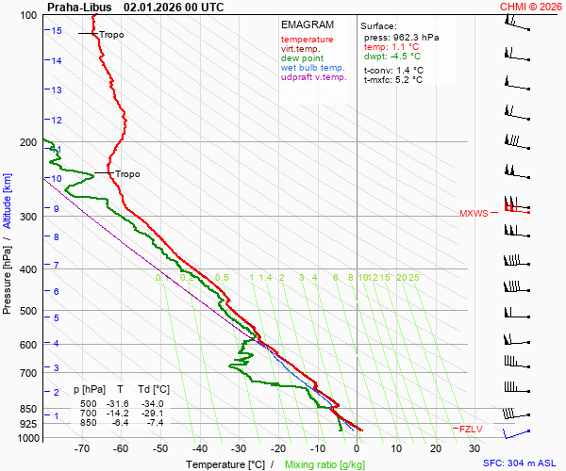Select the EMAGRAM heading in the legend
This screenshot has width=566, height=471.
307,24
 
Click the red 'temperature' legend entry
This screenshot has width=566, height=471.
307,40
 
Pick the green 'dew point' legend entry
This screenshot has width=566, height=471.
303,58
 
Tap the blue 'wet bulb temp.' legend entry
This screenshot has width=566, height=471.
313,68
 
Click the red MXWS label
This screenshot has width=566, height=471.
474,214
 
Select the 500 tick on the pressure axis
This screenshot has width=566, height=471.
27,311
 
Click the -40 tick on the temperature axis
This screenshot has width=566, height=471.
200,450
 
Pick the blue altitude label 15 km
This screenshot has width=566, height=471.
57,31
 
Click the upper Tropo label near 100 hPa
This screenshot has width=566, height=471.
111,35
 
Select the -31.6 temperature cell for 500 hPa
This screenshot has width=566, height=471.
121,403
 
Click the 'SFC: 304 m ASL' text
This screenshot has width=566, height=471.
521,463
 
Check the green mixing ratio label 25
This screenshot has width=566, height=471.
413,278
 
